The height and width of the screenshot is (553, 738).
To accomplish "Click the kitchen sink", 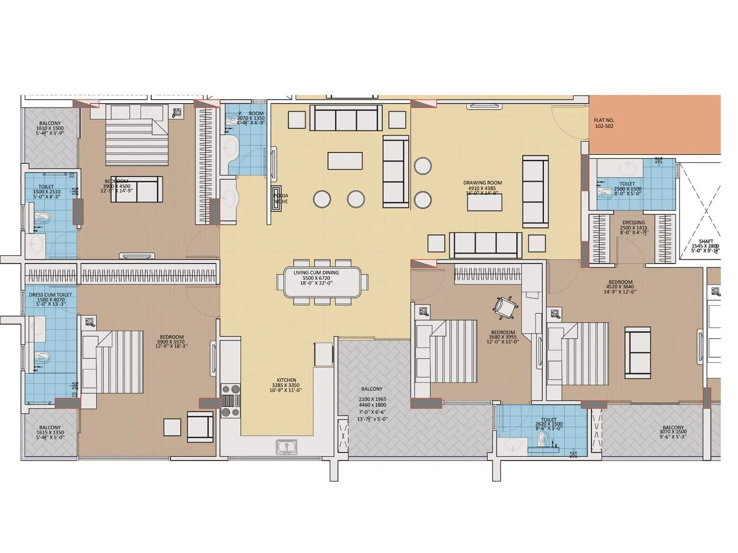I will [287, 447].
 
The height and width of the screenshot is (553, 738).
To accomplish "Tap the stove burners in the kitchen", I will [231, 400].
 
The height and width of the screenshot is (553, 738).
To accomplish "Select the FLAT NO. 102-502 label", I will [604, 123].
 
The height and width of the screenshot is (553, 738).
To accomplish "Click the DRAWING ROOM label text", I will [482, 183].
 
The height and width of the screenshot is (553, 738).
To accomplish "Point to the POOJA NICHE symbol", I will [276, 198].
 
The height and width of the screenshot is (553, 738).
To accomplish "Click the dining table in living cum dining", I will [322, 282].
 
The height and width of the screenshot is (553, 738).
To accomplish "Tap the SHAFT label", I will [706, 241].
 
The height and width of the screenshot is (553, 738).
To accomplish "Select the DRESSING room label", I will [633, 223].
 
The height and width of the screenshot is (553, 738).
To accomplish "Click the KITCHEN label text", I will [286, 380].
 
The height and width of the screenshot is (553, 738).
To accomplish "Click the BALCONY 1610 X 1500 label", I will [50, 124].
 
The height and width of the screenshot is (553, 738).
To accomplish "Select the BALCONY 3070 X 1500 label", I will [673, 427].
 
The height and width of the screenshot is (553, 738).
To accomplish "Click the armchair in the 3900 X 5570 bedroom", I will [201, 426].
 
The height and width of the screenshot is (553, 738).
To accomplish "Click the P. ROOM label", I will [251, 113].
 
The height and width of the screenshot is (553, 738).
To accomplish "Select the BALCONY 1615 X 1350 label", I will [50, 428].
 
